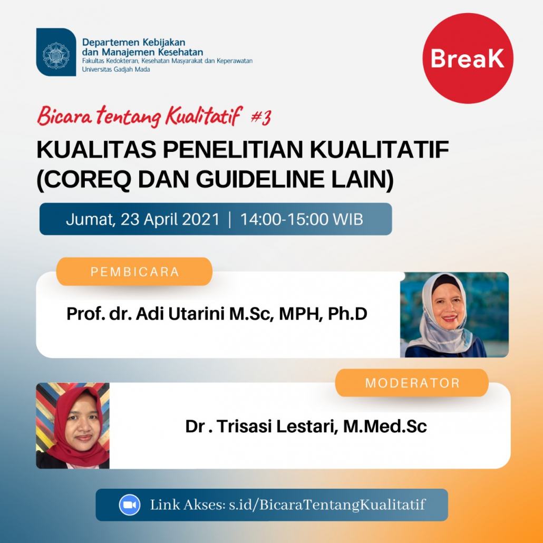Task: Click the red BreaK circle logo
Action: (468, 58)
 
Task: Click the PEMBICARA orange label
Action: (134, 271)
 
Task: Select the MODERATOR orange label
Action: (412, 383)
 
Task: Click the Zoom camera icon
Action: (130, 505)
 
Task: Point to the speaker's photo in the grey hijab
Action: (454, 315)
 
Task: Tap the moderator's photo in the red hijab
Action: (73, 425)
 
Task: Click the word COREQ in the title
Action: (88, 179)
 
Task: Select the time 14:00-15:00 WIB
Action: (302, 219)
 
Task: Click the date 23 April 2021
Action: (170, 219)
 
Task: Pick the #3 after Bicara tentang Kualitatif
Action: (260, 118)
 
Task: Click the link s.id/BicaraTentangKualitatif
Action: (327, 505)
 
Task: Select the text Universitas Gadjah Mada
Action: (116, 69)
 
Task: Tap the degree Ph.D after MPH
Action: (347, 314)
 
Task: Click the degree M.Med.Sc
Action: (385, 426)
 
